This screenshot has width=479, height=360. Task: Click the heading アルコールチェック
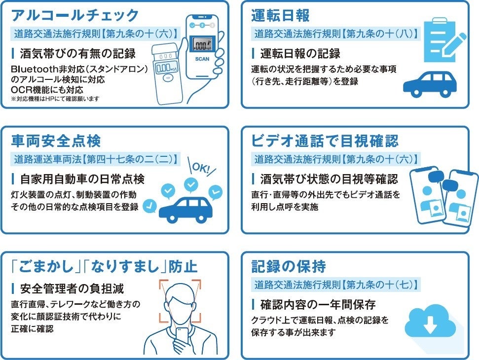(75, 15)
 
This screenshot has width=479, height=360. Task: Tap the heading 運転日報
(280, 15)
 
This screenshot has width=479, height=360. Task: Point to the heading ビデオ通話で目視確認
(325, 141)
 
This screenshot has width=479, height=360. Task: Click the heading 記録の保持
(289, 267)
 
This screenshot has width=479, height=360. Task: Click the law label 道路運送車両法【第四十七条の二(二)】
(95, 159)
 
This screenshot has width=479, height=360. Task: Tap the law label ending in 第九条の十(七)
(335, 285)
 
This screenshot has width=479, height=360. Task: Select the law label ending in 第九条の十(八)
(335, 34)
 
